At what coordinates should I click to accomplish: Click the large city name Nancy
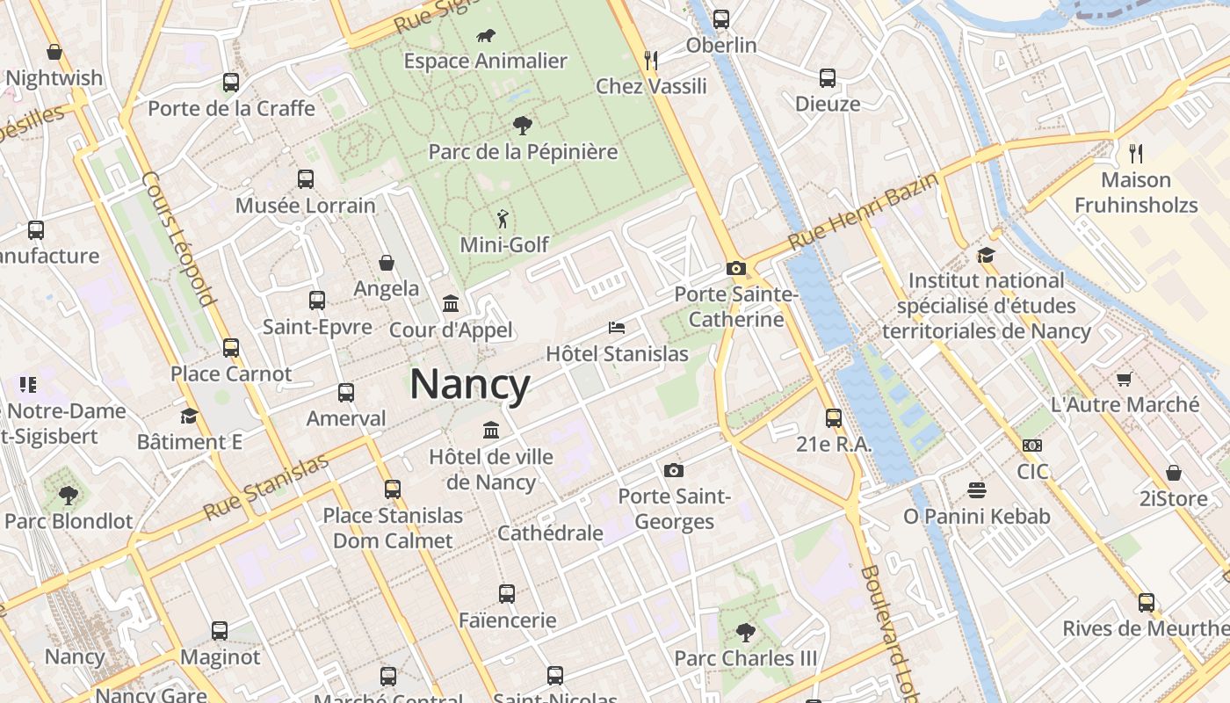coord(470,385)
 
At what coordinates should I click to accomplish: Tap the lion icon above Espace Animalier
coord(485,36)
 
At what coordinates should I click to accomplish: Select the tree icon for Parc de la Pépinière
coord(523,126)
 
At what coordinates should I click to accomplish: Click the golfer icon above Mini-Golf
coord(503,219)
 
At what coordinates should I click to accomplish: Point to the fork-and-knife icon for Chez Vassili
coord(651,60)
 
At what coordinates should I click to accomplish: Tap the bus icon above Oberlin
coord(721,18)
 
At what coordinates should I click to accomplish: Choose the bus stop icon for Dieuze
coord(828,77)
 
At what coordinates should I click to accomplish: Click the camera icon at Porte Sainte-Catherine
coord(736,268)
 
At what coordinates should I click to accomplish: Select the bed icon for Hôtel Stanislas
coord(617,328)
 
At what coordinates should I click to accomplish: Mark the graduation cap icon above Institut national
coord(986,255)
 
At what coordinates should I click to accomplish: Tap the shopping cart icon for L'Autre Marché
coord(1124,379)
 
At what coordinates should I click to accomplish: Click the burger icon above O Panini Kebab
coord(977,489)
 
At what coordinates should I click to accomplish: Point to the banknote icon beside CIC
coord(1032,446)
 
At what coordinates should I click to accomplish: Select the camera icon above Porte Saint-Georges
coord(674,470)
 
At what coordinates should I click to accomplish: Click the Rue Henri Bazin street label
coord(863,212)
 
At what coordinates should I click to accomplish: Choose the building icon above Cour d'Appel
coord(451,303)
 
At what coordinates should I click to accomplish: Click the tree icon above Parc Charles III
coord(745,631)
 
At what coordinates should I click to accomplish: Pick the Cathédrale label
coord(550,533)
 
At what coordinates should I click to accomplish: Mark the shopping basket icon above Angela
coord(387,262)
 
